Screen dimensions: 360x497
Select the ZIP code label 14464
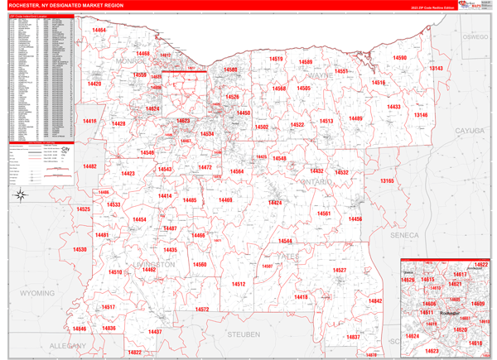[99, 30]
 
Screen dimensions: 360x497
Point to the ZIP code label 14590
[399, 58]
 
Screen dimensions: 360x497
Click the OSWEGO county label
[475, 37]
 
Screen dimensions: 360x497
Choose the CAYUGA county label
[469, 131]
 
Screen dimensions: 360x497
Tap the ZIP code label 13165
[387, 180]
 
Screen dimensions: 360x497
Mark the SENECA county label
[406, 234]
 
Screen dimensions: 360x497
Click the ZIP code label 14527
[339, 271]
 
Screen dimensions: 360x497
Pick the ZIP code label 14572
[201, 310]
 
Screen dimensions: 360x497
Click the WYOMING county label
[37, 293]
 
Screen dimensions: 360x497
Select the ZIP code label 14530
[80, 249]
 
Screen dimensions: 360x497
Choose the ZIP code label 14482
[89, 166]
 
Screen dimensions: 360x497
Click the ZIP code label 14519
[276, 60]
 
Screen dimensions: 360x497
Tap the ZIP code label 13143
[436, 69]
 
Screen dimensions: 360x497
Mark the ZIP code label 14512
[239, 284]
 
